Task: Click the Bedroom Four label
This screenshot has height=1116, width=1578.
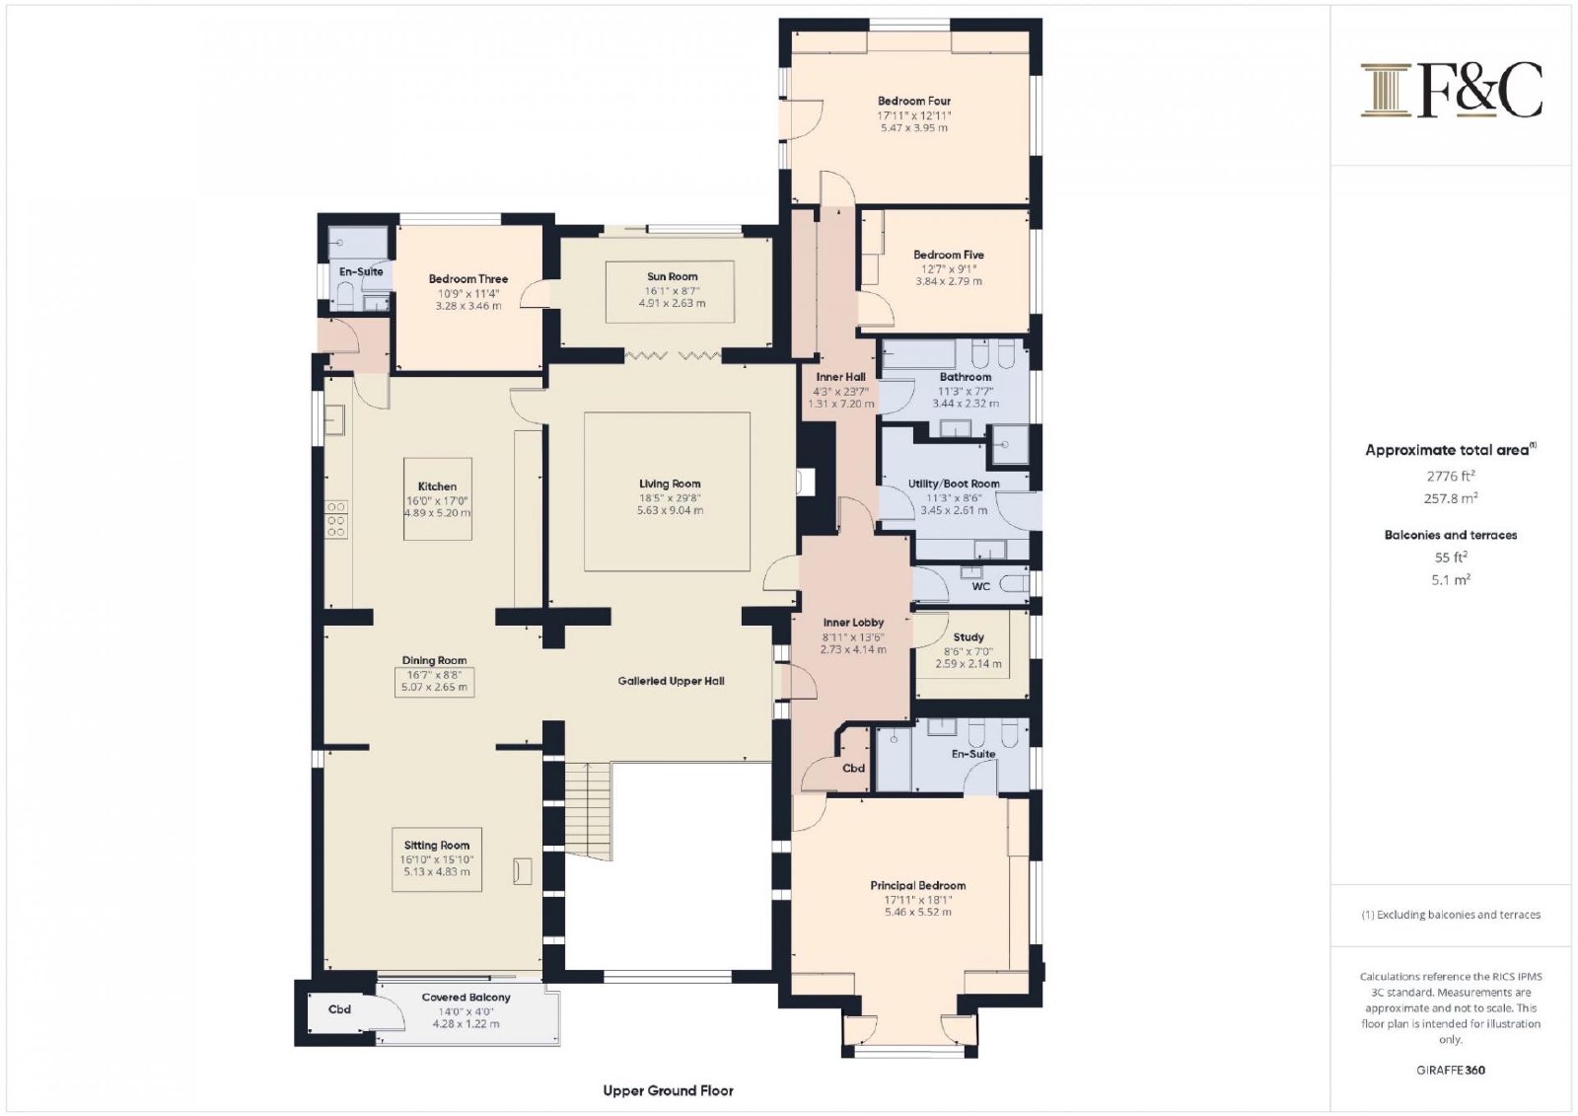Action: [913, 101]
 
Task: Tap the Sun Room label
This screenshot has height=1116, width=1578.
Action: [672, 276]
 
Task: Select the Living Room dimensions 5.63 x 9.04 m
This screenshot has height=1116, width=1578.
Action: [670, 510]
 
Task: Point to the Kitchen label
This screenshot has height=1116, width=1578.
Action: [437, 486]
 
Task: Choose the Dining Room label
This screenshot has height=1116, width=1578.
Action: [434, 660]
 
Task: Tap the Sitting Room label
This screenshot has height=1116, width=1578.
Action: [437, 845]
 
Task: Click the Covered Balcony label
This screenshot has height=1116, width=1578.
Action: [466, 997]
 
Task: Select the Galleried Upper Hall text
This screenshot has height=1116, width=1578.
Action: [671, 681]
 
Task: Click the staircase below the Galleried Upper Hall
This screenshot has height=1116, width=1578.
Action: [588, 811]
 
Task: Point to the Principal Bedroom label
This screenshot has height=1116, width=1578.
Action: [917, 885]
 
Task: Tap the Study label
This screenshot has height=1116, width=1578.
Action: [968, 637]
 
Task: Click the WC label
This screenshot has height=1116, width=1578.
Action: [980, 586]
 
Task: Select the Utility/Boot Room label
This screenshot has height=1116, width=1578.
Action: [953, 484]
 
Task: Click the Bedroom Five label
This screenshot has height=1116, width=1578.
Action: [948, 255]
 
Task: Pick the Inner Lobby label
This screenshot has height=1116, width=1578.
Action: [853, 623]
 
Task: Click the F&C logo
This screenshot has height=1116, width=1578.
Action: [1451, 90]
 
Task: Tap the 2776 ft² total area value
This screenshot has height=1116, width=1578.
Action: [1451, 476]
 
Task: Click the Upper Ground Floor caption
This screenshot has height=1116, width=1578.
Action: [668, 1090]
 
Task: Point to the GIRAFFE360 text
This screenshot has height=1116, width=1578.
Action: [1451, 1071]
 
